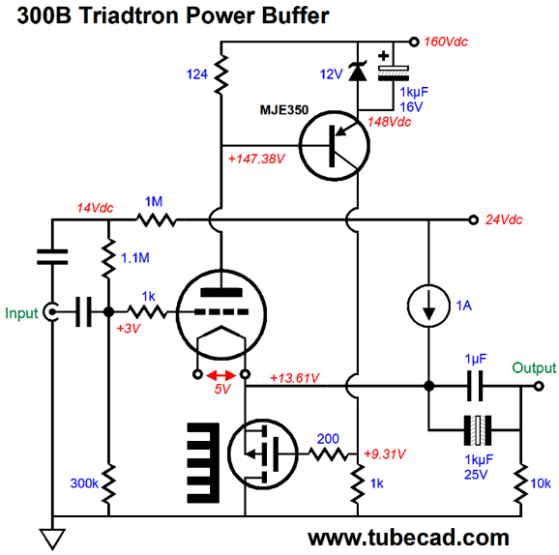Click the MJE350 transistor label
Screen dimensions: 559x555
[x=283, y=110]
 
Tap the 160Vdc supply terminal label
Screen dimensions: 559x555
[x=446, y=43]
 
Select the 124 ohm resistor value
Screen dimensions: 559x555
[x=196, y=74]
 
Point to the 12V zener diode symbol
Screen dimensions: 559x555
[x=357, y=72]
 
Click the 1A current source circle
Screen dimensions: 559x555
[x=428, y=306]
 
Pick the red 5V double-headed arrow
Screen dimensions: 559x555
[x=221, y=375]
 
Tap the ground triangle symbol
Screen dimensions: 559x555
[x=52, y=539]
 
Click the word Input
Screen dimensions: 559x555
[x=21, y=313]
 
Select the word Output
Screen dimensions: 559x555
[x=534, y=367]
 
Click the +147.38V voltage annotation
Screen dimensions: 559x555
[x=256, y=159]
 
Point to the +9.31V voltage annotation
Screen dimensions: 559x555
[x=385, y=453]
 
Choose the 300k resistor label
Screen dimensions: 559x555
[x=84, y=483]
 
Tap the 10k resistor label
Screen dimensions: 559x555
[x=541, y=483]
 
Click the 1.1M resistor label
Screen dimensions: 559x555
[x=135, y=258]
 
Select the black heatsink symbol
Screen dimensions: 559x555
[x=203, y=463]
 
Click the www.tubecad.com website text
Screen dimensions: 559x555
[x=408, y=538]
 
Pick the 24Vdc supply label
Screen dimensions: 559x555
[x=504, y=219]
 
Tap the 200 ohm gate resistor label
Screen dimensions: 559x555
[x=328, y=438]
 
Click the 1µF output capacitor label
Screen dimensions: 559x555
[x=476, y=359]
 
